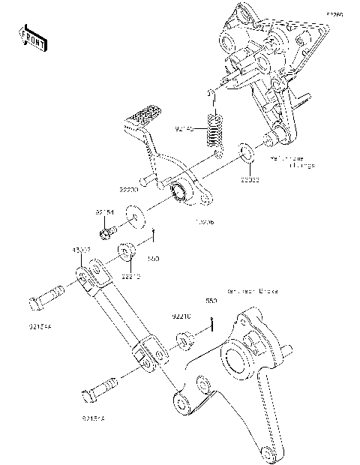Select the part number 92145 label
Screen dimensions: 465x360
tap(184, 129)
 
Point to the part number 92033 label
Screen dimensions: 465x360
tap(250, 180)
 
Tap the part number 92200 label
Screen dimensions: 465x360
tap(129, 191)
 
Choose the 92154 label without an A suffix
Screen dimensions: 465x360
tap(104, 212)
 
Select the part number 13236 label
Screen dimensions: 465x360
tap(205, 222)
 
